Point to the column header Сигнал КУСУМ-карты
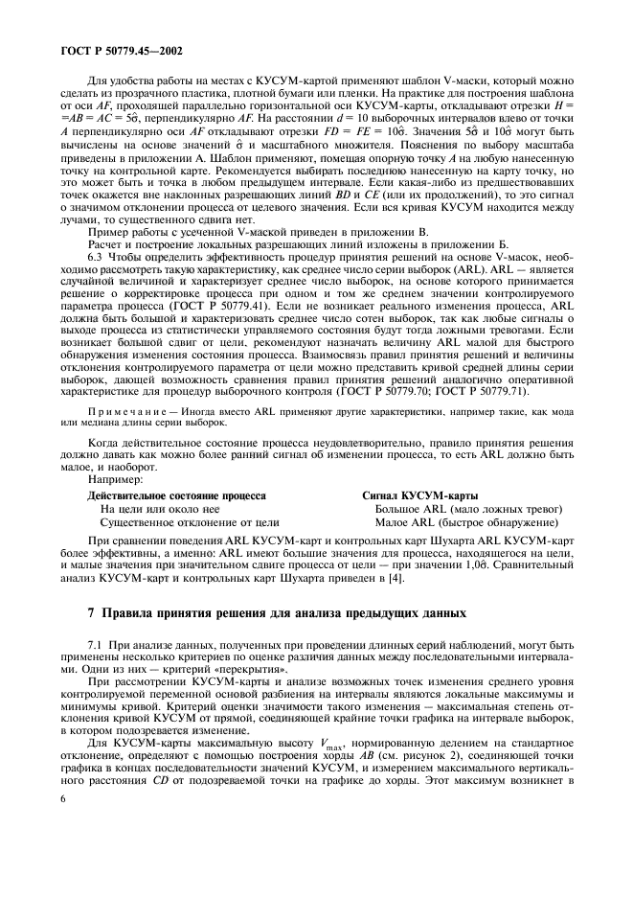(x=418, y=495)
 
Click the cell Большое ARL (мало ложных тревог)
(x=467, y=510)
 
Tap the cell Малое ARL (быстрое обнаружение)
(x=466, y=523)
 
